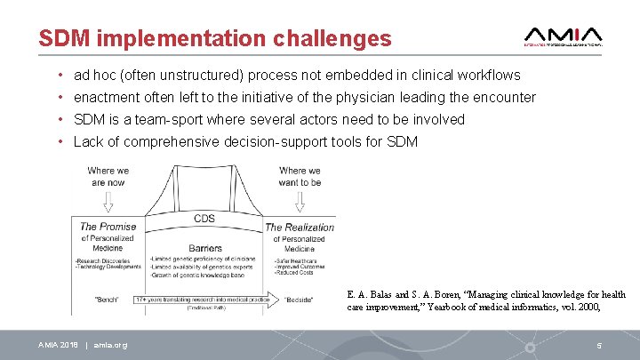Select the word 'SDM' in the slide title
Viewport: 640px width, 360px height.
tap(66, 38)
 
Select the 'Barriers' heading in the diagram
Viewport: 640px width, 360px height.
tap(204, 248)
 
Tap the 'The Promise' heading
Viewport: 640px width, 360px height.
tap(108, 227)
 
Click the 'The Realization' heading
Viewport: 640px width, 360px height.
tap(300, 227)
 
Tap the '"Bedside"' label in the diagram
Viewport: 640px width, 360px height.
tap(299, 300)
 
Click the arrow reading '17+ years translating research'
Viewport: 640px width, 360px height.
tap(204, 300)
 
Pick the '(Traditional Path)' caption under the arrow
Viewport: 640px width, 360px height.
tap(204, 309)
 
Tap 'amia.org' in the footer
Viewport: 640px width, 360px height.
tap(110, 345)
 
